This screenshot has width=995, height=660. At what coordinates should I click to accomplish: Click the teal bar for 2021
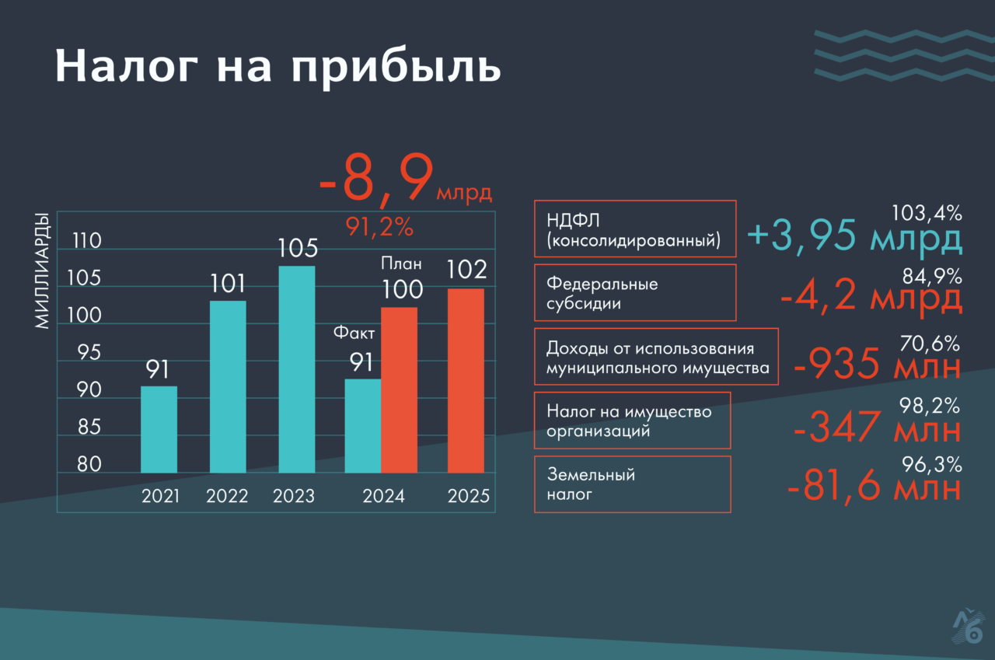point(159,429)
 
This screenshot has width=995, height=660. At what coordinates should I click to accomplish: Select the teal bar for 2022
point(228,386)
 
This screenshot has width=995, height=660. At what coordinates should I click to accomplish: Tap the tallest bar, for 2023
point(296,369)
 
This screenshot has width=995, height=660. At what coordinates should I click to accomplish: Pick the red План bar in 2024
point(399,389)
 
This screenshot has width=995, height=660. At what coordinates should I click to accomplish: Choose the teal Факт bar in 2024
point(362,425)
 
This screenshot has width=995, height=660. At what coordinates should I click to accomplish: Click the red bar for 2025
point(466,380)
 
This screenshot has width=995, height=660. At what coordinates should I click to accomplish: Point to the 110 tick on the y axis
point(86,241)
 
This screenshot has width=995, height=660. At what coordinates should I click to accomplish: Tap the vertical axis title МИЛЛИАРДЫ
point(43,270)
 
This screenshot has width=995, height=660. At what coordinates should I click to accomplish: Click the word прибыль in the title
point(396,68)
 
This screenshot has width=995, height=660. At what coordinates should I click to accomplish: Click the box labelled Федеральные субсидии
point(635,293)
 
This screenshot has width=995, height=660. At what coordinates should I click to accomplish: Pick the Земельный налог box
point(632,484)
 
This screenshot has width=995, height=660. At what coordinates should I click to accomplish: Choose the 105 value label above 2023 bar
point(297,249)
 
